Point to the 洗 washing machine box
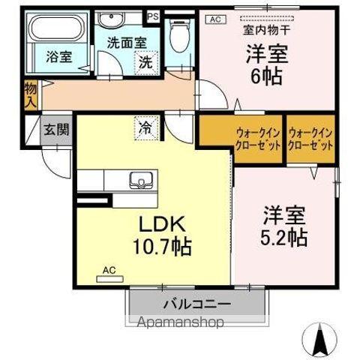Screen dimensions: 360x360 [147, 63]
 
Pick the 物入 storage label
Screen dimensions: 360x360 [30, 94]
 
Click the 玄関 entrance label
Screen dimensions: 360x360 [55, 130]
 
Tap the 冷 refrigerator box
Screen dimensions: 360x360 [145, 128]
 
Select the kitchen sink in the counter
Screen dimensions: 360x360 [139, 181]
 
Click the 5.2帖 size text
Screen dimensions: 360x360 [286, 238]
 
